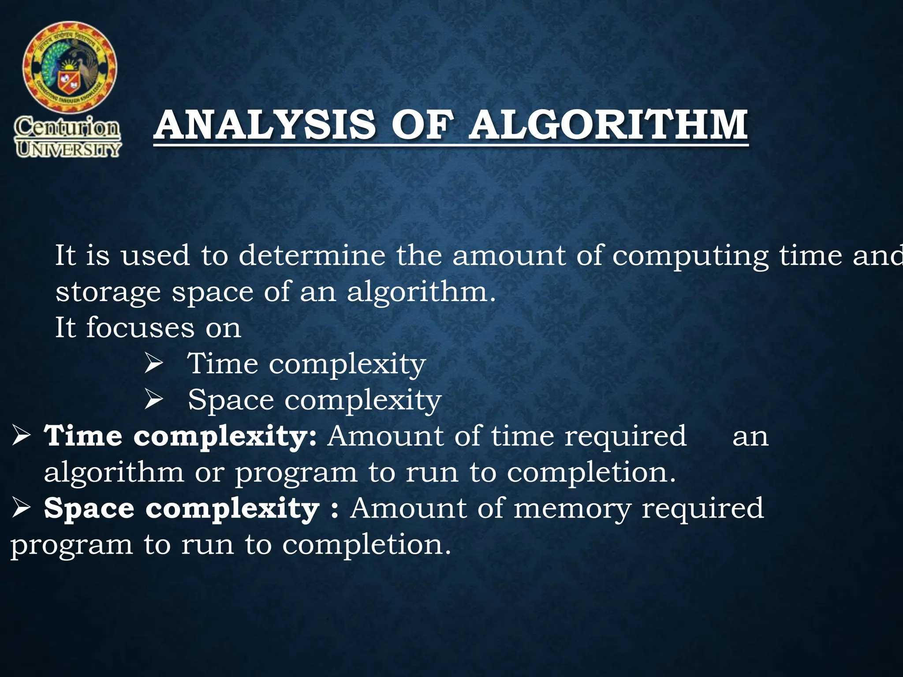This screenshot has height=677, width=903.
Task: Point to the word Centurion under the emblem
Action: coord(67,128)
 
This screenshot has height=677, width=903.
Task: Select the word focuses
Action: coord(140,328)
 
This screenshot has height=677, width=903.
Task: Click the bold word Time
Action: coord(83,436)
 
